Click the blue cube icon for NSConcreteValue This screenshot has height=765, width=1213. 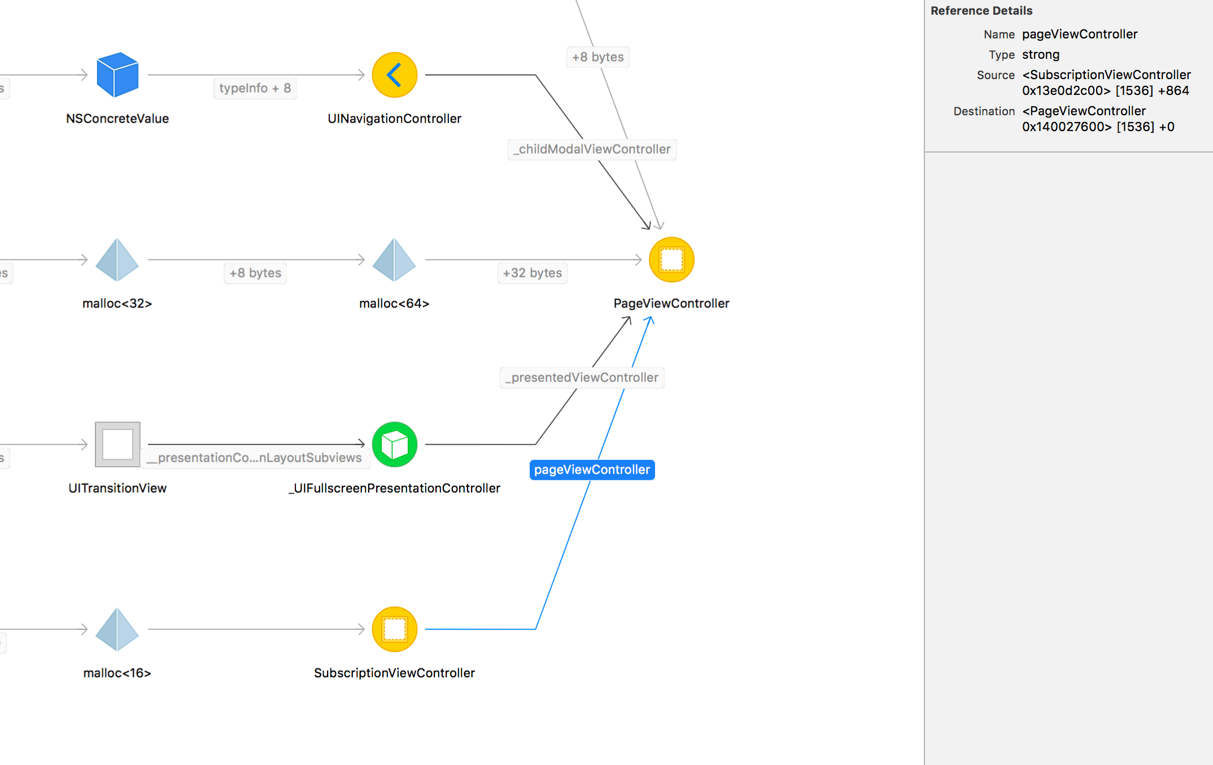click(117, 75)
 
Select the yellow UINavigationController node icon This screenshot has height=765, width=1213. click(395, 75)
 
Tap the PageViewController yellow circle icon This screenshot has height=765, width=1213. click(671, 259)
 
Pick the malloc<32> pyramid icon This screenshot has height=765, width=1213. click(117, 259)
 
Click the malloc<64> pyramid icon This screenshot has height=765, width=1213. click(395, 259)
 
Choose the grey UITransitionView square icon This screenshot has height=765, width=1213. click(117, 444)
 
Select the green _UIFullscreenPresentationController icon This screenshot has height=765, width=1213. click(395, 444)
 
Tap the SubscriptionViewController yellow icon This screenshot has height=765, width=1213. click(395, 629)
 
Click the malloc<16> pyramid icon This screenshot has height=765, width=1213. click(117, 629)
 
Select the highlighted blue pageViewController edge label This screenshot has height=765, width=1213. click(592, 470)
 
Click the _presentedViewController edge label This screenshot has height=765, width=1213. click(582, 377)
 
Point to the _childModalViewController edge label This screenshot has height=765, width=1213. click(592, 149)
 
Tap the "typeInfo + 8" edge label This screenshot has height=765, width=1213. click(255, 88)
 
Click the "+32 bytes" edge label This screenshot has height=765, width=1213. click(533, 273)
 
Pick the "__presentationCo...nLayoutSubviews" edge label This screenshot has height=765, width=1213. click(255, 458)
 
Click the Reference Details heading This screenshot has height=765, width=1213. click(981, 11)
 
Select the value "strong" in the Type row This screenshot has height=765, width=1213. click(1041, 55)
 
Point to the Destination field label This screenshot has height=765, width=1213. click(984, 111)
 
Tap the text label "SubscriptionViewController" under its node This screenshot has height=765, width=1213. click(395, 673)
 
